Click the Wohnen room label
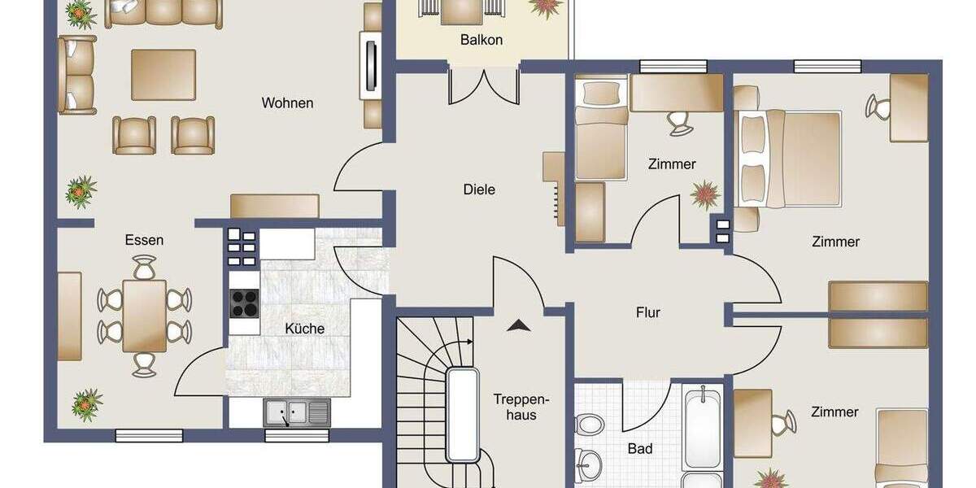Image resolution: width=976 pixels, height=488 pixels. point(287,103)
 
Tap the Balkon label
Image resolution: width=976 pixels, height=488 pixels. point(481,39)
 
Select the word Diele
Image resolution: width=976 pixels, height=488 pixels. point(479,190)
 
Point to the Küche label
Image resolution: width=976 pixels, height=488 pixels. point(305,329)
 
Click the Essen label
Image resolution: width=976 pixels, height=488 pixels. point(144,240)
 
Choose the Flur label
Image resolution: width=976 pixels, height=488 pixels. point(648,312)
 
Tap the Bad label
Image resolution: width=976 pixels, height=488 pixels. point(640,448)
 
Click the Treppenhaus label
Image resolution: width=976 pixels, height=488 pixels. point(521,407)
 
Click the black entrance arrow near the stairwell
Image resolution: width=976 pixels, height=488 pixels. point(518,325)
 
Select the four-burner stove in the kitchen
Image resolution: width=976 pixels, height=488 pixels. point(244,303)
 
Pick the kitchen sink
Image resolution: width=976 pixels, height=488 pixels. point(296,413)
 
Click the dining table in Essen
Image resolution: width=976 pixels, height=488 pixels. point(144,316)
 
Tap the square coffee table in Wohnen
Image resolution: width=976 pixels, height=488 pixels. point(163,75)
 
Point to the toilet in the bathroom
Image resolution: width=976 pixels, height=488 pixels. point(590,424)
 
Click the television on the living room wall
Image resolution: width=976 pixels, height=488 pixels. point(372,68)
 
